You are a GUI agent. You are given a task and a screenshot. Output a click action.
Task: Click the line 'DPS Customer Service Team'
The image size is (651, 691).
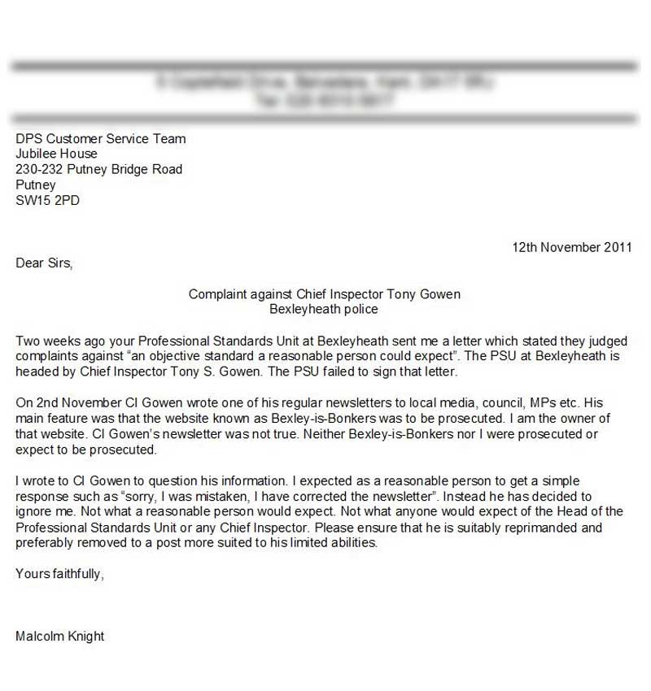(101, 139)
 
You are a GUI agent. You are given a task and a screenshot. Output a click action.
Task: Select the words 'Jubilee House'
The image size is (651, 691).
(56, 154)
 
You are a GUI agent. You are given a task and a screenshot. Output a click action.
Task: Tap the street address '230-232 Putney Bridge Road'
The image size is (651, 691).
(99, 170)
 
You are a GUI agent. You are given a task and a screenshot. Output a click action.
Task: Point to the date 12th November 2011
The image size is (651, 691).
(571, 248)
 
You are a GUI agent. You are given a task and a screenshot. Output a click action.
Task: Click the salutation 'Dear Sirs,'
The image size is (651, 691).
(44, 263)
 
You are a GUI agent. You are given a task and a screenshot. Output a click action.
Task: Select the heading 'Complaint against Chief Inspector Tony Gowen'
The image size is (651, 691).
(324, 294)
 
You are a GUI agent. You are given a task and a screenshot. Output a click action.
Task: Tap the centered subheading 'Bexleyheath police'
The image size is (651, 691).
(324, 310)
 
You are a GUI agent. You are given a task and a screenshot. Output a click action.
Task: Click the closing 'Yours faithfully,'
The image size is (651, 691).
(59, 574)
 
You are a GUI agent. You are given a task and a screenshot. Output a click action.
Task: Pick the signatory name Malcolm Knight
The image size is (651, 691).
(59, 636)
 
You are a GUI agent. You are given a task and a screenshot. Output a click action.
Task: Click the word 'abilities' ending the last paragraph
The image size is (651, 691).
(353, 543)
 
